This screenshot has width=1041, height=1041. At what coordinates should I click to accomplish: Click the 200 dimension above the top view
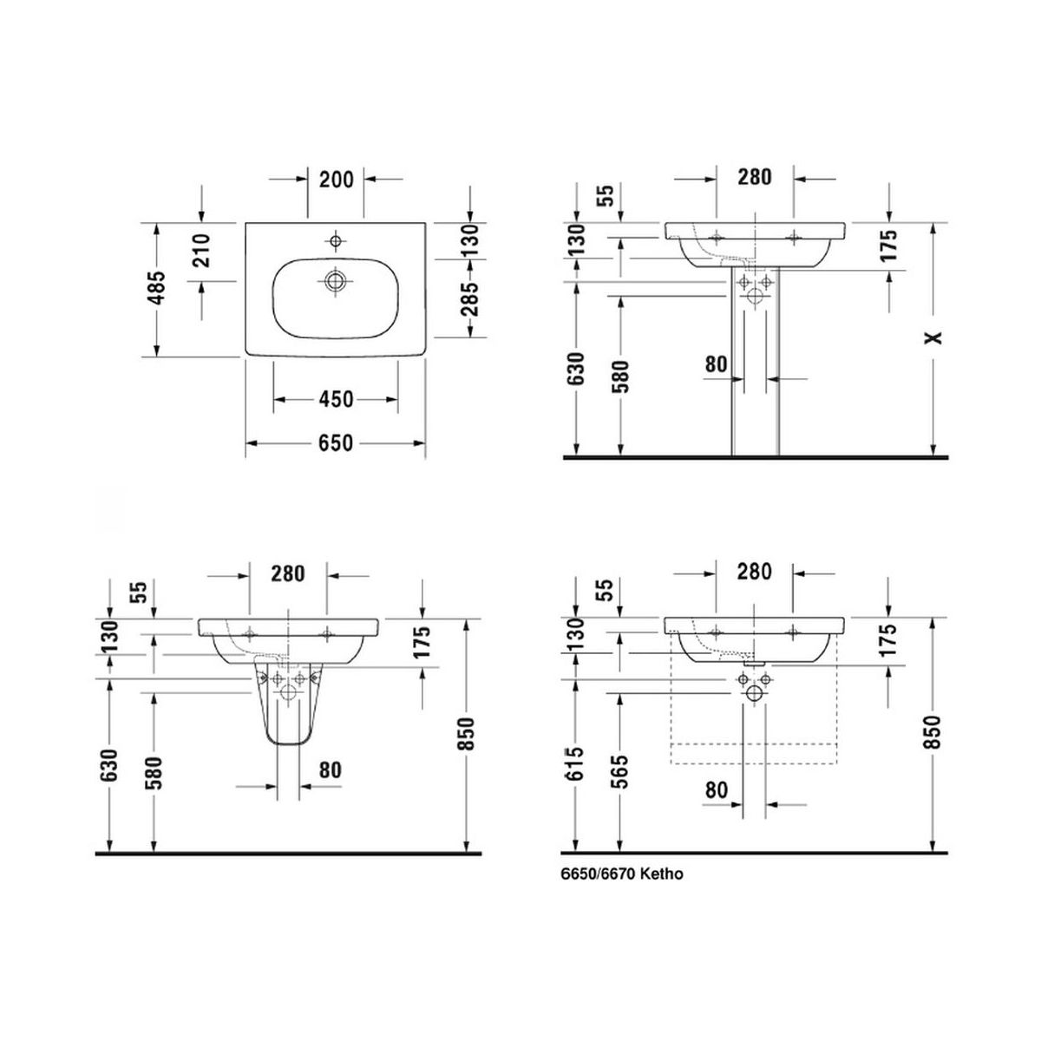click(x=336, y=180)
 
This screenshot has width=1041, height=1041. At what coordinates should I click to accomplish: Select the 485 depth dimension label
click(x=157, y=287)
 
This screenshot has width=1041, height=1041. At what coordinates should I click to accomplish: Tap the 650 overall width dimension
click(x=336, y=443)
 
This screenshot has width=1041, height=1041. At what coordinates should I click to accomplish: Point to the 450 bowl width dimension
click(x=336, y=399)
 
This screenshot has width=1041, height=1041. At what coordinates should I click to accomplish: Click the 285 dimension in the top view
click(x=469, y=298)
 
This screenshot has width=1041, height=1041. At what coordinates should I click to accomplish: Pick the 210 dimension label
click(x=201, y=251)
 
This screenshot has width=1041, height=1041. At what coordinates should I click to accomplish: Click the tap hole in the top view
click(x=336, y=239)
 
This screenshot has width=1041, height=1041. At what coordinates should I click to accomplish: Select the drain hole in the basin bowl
click(x=336, y=280)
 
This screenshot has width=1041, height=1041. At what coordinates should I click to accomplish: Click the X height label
click(x=933, y=337)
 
